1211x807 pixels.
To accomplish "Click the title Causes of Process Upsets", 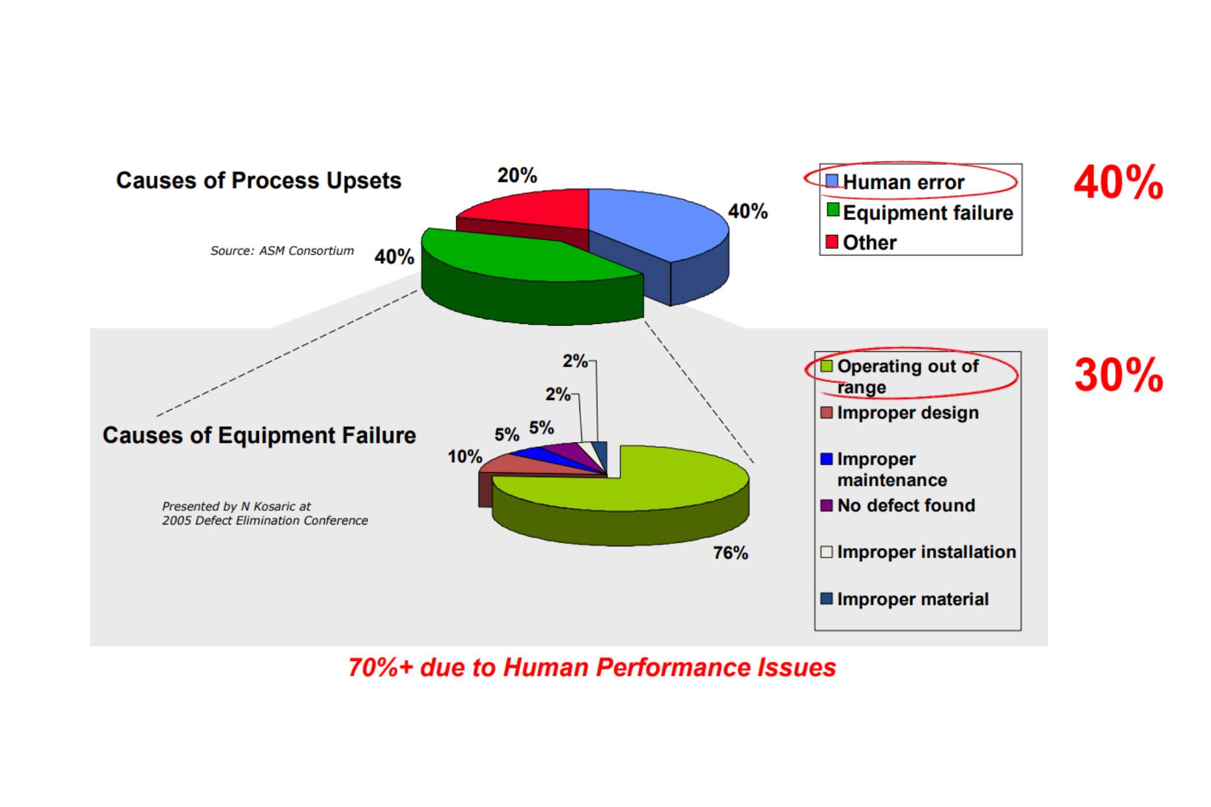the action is [258, 180].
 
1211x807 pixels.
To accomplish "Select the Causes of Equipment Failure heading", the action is [259, 435].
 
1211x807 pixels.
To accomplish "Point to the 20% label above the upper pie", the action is [517, 175].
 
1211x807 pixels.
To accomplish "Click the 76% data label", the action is [730, 553].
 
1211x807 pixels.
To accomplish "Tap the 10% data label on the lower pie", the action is [465, 456].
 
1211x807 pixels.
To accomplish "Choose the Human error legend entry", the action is [895, 182].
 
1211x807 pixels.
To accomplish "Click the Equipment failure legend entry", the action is [920, 212].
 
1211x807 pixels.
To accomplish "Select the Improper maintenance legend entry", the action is [884, 469].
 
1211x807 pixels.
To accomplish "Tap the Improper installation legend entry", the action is [918, 552].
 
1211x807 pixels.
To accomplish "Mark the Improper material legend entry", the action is [905, 599].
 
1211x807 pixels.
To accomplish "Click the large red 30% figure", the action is [1119, 375].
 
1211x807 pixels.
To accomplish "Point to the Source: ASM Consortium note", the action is [282, 251].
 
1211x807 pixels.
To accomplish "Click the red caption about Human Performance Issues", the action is [592, 667].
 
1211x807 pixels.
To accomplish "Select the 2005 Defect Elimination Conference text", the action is [265, 520].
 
